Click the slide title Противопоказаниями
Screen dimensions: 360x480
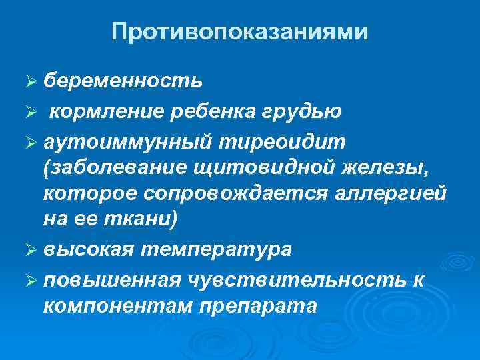point(239,31)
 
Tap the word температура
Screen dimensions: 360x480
point(218,249)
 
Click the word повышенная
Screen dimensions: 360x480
point(112,281)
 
